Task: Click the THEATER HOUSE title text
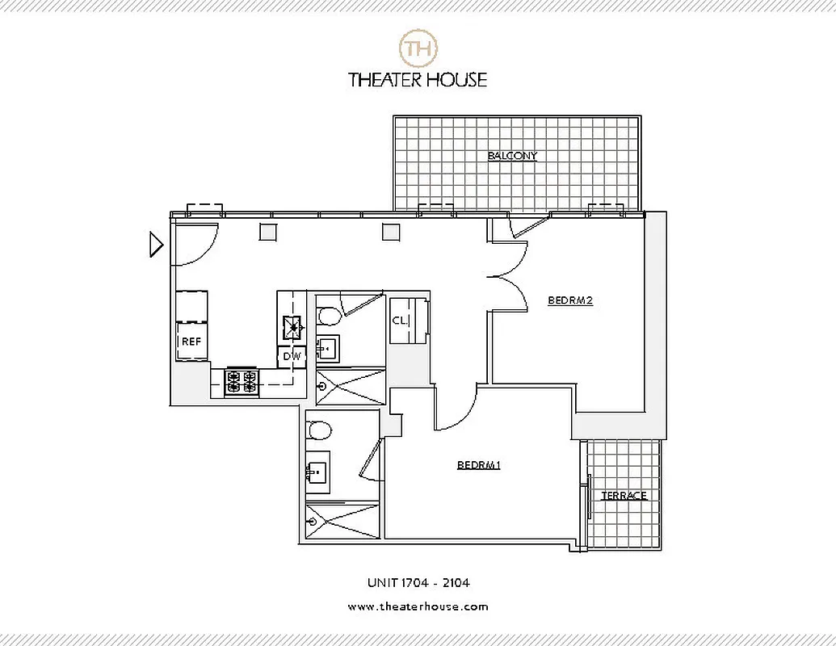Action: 418,79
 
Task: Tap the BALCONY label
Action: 512,156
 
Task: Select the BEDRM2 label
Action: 571,300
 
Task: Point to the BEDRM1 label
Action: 479,465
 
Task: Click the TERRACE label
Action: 624,496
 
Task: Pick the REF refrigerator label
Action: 191,342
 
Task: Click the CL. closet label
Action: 399,321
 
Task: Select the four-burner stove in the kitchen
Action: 242,381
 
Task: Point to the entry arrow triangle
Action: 157,243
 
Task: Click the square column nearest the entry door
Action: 268,232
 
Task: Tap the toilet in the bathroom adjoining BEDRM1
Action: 321,430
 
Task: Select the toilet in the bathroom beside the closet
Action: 329,314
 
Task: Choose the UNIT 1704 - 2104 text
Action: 418,581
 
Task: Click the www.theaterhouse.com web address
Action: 418,606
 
